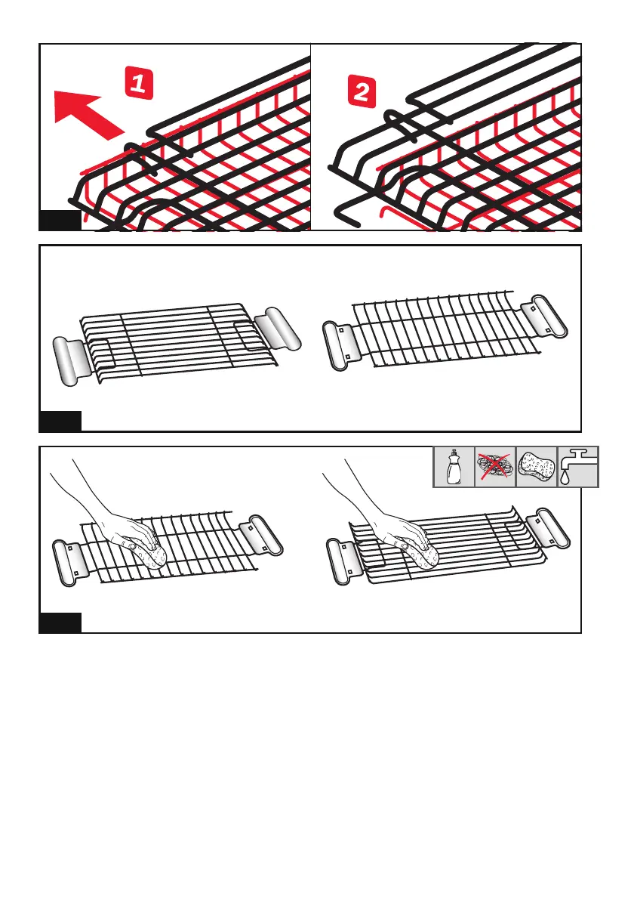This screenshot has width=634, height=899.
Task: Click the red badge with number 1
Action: pyautogui.click(x=139, y=83)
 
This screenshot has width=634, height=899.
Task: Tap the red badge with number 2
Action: pyautogui.click(x=362, y=91)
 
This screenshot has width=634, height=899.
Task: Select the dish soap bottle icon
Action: pyautogui.click(x=454, y=468)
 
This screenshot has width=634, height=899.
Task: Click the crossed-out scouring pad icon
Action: pyautogui.click(x=495, y=467)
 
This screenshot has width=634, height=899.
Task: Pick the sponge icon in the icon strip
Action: pyautogui.click(x=537, y=468)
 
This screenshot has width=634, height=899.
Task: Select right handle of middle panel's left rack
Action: pyautogui.click(x=277, y=329)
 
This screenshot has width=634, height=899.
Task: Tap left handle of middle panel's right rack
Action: pyautogui.click(x=340, y=346)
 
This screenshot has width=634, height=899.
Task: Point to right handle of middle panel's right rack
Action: pyautogui.click(x=544, y=316)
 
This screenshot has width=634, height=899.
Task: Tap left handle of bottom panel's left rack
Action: pyautogui.click(x=69, y=563)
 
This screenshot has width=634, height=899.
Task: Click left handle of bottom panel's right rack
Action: pyautogui.click(x=343, y=561)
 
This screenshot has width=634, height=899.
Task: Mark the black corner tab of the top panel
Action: pyautogui.click(x=60, y=221)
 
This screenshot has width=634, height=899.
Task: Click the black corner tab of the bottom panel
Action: pyautogui.click(x=60, y=623)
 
